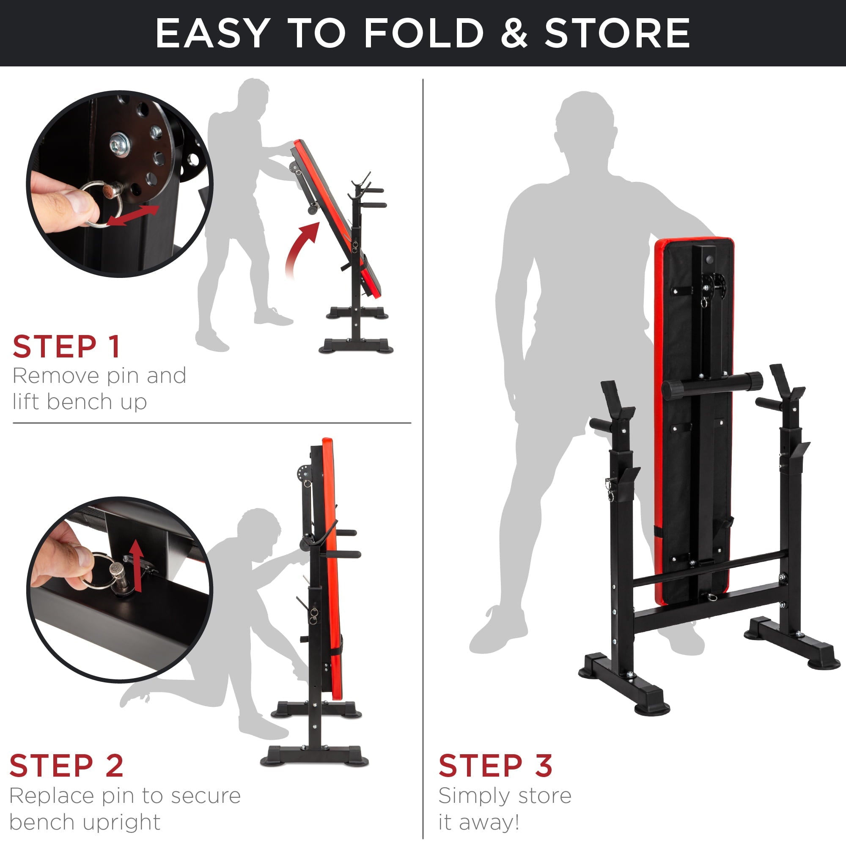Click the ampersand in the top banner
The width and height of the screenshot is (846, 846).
coord(514,33)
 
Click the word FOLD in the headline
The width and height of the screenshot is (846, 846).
coord(424,33)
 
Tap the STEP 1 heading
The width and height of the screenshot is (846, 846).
coord(66,347)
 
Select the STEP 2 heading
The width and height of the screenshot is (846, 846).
coord(66,766)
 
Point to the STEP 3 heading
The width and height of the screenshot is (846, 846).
coord(495,766)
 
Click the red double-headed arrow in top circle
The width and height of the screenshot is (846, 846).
coord(133,215)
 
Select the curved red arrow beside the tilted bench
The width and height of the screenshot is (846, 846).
coord(301,247)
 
